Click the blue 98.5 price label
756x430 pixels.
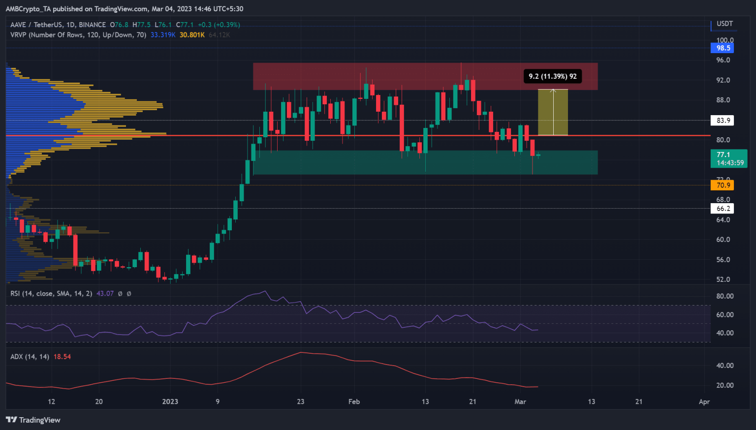click(x=723, y=48)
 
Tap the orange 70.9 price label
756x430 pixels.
click(x=723, y=185)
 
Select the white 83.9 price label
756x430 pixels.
click(x=723, y=121)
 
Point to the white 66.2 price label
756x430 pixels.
click(x=723, y=209)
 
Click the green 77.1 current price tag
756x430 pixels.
click(x=729, y=158)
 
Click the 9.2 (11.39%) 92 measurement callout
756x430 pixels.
click(x=552, y=76)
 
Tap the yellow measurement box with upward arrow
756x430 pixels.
click(x=553, y=112)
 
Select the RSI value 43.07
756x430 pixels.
click(x=105, y=294)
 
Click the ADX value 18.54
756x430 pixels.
click(x=62, y=357)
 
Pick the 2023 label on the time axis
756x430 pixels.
click(x=170, y=402)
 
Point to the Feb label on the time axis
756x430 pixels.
click(x=354, y=402)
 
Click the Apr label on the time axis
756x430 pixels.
click(x=704, y=402)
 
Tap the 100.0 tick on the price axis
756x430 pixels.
click(x=724, y=40)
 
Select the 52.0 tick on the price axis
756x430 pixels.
click(x=723, y=279)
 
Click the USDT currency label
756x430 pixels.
click(x=724, y=24)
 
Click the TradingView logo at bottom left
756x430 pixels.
click(x=33, y=420)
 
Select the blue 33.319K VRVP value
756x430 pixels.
click(x=163, y=35)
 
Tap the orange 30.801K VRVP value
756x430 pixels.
click(x=192, y=35)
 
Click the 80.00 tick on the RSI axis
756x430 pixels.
click(x=724, y=296)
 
